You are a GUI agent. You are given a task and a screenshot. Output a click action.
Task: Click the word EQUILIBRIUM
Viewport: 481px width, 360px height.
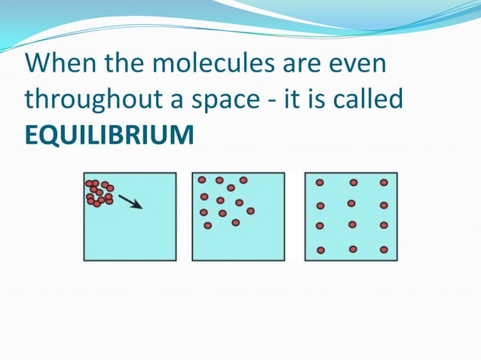coord(110,135)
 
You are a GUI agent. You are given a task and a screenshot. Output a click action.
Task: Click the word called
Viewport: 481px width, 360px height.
coord(368,99)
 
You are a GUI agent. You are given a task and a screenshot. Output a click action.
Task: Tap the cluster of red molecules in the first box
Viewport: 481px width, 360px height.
coord(100,193)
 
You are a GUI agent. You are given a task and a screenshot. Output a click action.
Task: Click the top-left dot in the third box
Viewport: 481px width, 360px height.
coord(320,183)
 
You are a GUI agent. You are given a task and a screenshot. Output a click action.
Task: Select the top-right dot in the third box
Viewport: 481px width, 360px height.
coord(384,182)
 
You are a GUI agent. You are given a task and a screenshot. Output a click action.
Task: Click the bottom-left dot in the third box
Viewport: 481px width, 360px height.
coord(320,250)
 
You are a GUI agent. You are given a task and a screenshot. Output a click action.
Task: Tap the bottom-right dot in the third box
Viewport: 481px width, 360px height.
coord(384,249)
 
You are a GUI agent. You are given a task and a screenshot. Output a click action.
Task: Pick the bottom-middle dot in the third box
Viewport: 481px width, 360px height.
coord(353,249)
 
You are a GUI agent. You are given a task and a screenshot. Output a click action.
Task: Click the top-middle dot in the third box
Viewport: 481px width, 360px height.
coord(354,182)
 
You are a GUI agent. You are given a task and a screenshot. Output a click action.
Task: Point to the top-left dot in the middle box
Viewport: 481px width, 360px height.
coord(202,180)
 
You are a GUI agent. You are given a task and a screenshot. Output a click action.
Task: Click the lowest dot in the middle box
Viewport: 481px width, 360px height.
coord(208,225)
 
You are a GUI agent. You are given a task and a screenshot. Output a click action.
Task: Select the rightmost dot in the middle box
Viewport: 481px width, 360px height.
coord(250,211)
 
